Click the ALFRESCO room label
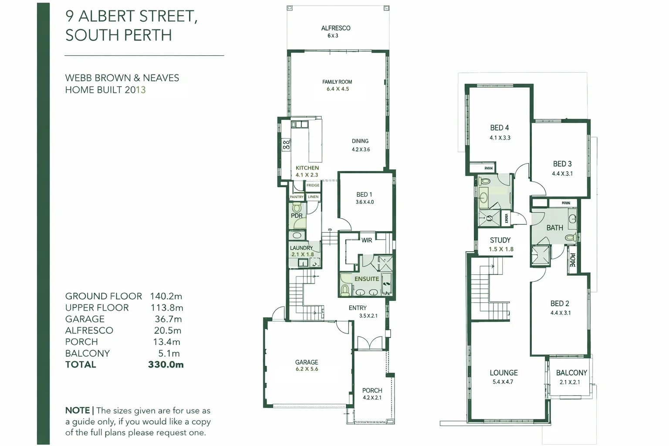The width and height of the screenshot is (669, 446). click(335, 28)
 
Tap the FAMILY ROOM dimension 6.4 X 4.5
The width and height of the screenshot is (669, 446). click(338, 89)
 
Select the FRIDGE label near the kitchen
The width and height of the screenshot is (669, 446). click(313, 186)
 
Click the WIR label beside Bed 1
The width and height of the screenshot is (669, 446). click(367, 240)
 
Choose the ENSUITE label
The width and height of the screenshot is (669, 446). click(366, 279)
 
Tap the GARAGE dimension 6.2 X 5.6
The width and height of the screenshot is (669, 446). click(307, 369)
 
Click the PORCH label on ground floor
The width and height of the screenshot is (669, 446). click(372, 390)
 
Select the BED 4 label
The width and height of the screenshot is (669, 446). click(499, 128)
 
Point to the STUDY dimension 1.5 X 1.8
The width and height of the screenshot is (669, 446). click(501, 249)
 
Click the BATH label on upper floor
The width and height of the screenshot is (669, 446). click(554, 228)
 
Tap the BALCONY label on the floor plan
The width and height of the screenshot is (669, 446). click(571, 373)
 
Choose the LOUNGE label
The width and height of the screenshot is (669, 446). click(503, 373)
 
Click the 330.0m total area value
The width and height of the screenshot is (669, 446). click(166, 365)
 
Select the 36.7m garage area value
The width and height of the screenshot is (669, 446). click(168, 319)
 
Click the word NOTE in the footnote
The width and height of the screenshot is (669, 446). click(78, 410)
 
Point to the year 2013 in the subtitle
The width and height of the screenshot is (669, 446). click(135, 90)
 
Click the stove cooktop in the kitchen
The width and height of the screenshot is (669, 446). click(286, 145)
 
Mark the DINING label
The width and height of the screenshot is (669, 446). click(360, 141)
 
